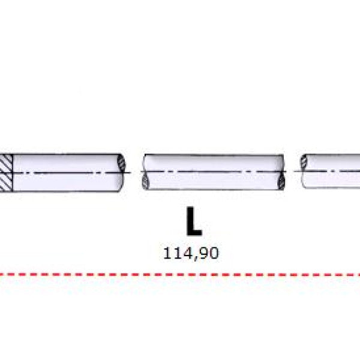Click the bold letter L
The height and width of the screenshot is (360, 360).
coord(194,221)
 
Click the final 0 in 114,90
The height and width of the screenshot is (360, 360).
coord(214,253)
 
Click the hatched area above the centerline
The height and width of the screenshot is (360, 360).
coord(6,163)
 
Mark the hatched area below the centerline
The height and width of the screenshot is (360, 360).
coord(6,182)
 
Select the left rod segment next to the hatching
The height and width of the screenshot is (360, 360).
coord(67,173)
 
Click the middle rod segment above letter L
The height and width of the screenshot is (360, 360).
coord(214,172)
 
